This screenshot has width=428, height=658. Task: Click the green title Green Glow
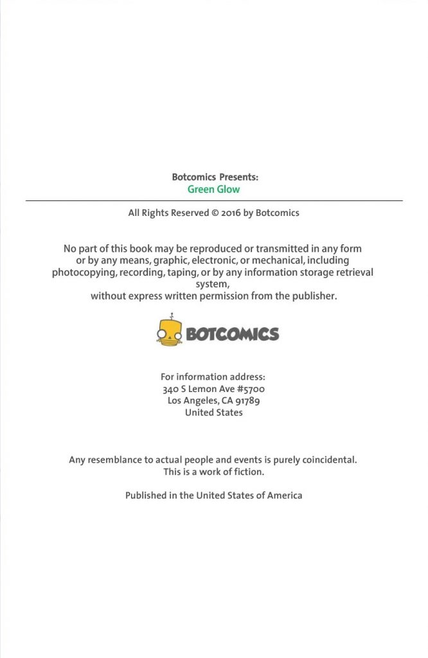[x=213, y=190]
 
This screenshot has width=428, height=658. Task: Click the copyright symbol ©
[x=215, y=213]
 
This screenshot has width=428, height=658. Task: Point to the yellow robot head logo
[x=170, y=332]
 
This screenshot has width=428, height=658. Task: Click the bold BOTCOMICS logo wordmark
[x=232, y=334]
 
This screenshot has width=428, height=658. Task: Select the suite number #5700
[x=251, y=389]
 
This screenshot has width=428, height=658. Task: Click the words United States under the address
[x=213, y=413]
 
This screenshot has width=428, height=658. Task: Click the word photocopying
[x=84, y=272]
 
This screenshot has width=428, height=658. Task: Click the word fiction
[x=248, y=472]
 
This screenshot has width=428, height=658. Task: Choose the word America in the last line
[x=283, y=495]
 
